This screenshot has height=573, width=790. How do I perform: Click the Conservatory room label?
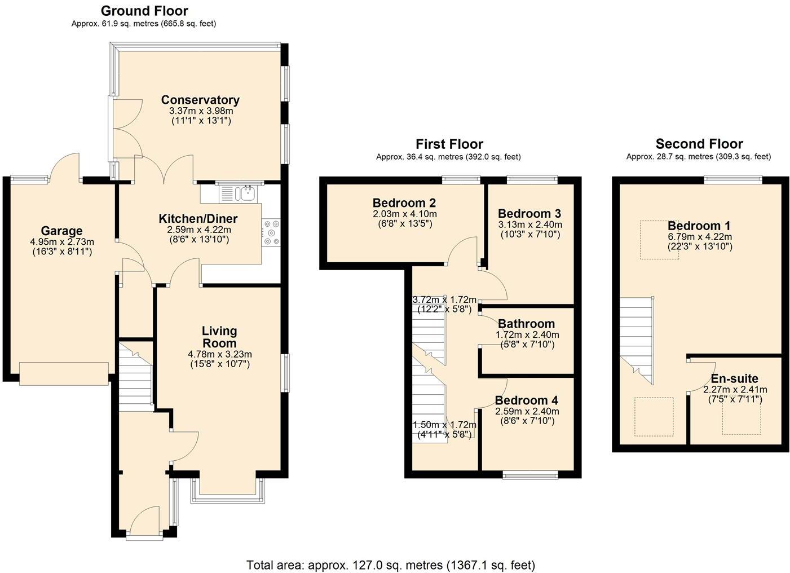[200, 100]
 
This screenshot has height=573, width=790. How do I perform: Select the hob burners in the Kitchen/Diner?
[271, 232]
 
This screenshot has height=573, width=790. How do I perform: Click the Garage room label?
[61, 231]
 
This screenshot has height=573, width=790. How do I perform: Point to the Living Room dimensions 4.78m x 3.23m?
[219, 354]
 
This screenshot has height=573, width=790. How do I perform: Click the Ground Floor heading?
[144, 11]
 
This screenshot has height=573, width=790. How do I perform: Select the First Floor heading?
[449, 144]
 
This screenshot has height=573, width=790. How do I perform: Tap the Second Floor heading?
[699, 144]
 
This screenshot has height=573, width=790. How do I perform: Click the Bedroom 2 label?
[404, 203]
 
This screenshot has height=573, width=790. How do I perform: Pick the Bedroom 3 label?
[529, 214]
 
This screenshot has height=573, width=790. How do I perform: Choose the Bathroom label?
[526, 324]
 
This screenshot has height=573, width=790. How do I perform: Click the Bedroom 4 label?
[526, 400]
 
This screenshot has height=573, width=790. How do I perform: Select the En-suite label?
[734, 378]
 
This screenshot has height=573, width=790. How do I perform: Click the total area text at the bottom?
[390, 565]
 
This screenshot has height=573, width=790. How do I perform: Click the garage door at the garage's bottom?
[64, 374]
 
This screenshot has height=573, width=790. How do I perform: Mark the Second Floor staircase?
[637, 338]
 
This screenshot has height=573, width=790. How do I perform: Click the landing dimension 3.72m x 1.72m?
[444, 299]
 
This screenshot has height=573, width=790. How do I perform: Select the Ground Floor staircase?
[135, 375]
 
